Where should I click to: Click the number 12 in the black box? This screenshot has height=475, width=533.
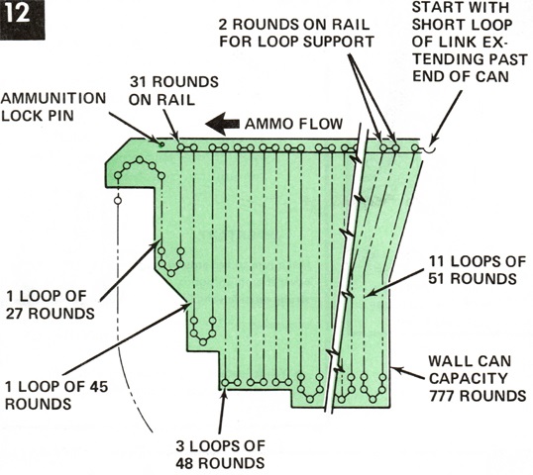click(19, 14)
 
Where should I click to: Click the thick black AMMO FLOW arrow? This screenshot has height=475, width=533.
click(222, 124)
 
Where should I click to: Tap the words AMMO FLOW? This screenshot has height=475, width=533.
click(293, 124)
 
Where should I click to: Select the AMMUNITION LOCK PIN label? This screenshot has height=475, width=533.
click(53, 107)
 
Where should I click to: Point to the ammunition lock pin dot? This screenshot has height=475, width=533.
click(162, 144)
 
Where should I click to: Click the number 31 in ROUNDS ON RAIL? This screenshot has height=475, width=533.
click(140, 82)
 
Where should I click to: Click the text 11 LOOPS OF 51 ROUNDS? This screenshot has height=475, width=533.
click(477, 270)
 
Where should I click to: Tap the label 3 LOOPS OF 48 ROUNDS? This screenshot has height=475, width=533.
click(220, 454)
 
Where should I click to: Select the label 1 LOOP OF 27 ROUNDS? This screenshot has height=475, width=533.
click(51, 305)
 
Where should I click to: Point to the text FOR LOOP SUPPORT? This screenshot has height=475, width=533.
click(296, 42)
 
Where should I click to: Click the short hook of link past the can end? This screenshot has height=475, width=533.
click(430, 149)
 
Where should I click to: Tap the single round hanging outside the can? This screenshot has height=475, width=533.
click(118, 201)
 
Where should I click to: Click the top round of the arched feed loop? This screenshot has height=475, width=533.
click(140, 159)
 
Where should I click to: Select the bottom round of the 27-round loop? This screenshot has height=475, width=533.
click(171, 273)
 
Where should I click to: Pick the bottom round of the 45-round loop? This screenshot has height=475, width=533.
click(203, 341)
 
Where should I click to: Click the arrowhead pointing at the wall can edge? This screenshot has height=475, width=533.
click(396, 369)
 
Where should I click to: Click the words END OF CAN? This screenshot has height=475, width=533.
click(461, 76)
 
